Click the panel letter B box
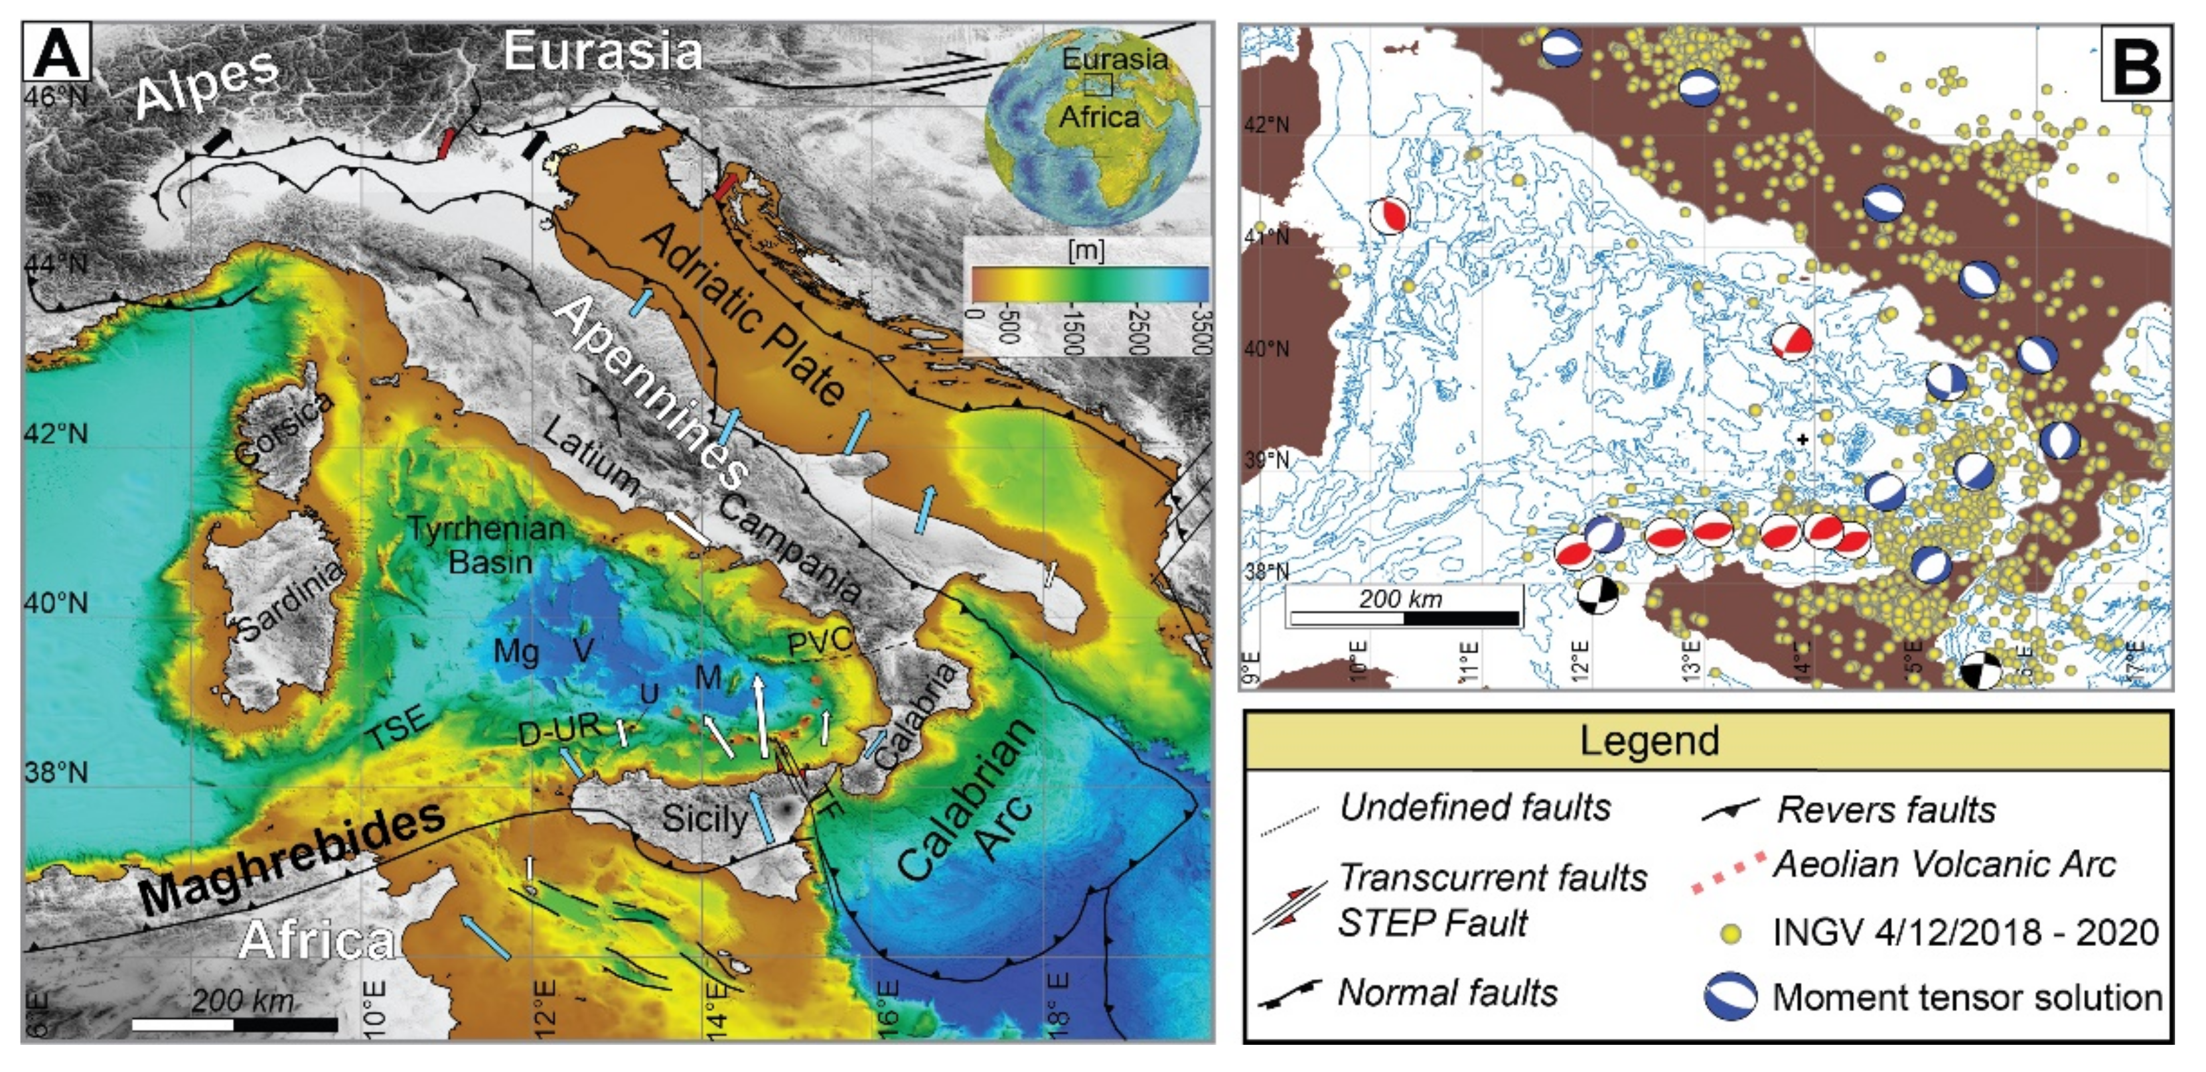pyautogui.click(x=2135, y=64)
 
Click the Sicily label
pyautogui.click(x=705, y=819)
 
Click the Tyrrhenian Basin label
pyautogui.click(x=486, y=545)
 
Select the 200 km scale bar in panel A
pyautogui.click(x=235, y=1023)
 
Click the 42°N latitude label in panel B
pyautogui.click(x=1266, y=125)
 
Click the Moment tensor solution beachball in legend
pyautogui.click(x=1730, y=996)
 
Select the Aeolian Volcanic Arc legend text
pyautogui.click(x=1944, y=865)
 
